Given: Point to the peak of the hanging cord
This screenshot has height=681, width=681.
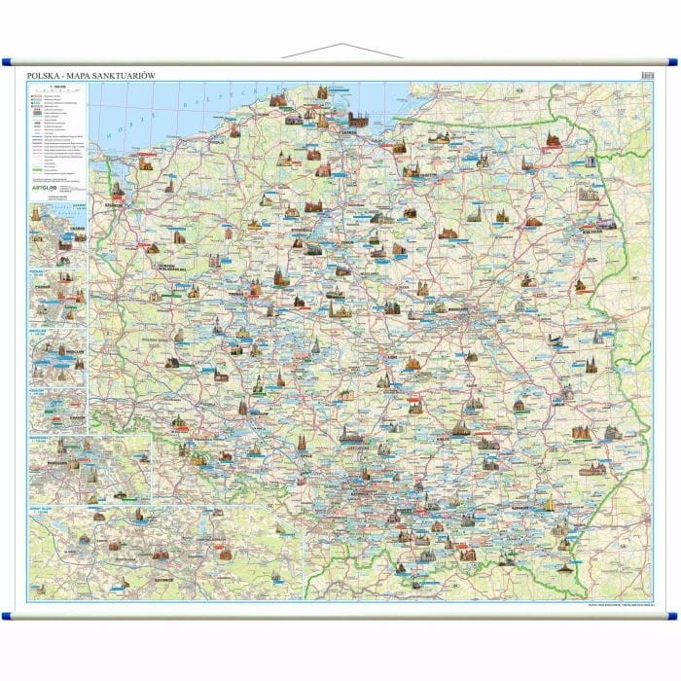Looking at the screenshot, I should point(340,44).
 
